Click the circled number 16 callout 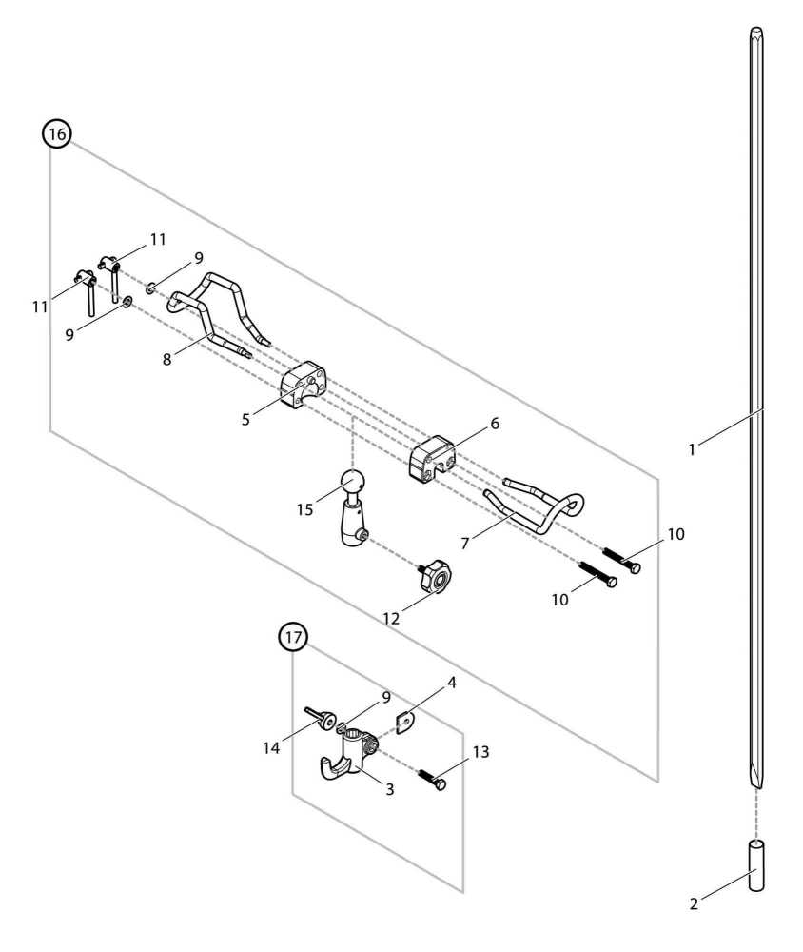tap(57, 134)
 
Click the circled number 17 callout tap(293, 638)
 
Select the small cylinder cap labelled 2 tap(757, 864)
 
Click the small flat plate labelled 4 tap(407, 724)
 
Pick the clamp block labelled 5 tap(304, 388)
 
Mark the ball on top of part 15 tap(352, 483)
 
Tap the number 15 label tap(304, 509)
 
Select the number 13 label tap(480, 752)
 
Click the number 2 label tap(694, 903)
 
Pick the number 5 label tap(245, 419)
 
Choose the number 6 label tap(495, 423)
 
